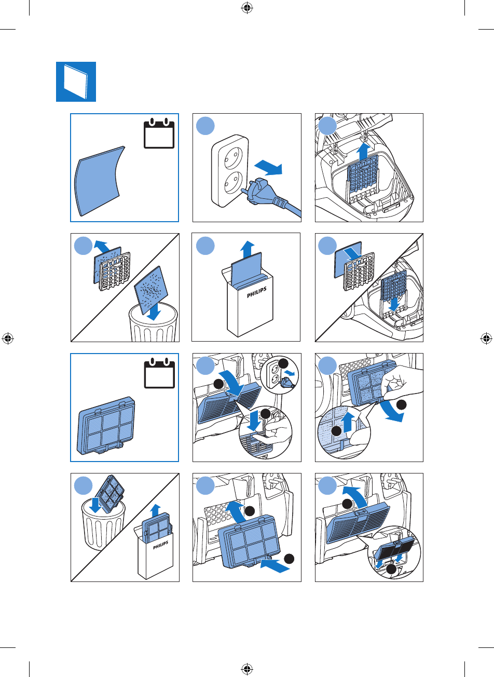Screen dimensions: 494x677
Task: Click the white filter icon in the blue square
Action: pyautogui.click(x=76, y=82)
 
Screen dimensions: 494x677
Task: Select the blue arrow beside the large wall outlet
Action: pyautogui.click(x=268, y=168)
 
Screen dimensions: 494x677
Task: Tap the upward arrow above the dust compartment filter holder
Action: pyautogui.click(x=363, y=152)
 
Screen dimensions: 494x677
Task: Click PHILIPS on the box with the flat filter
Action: pyautogui.click(x=257, y=292)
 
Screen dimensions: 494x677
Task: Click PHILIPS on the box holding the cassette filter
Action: pyautogui.click(x=160, y=545)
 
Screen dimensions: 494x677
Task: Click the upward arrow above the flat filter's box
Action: pyautogui.click(x=248, y=250)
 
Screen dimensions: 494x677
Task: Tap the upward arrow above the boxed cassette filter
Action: pyautogui.click(x=156, y=510)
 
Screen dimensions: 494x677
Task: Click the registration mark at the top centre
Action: pyautogui.click(x=247, y=8)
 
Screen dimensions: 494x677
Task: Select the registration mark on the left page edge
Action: pyautogui.click(x=8, y=338)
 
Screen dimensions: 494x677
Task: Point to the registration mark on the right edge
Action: pyautogui.click(x=486, y=338)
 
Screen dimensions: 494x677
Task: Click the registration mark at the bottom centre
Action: pyautogui.click(x=247, y=668)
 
